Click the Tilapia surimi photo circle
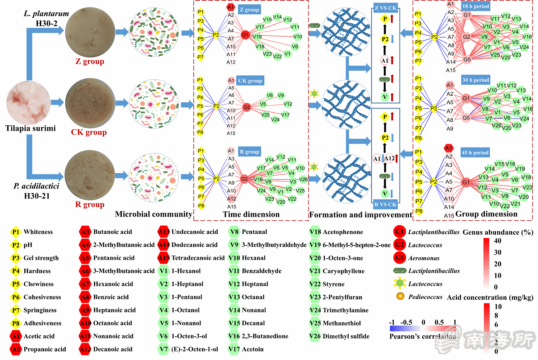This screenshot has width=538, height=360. (29, 103)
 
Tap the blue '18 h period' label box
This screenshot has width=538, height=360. (476, 6)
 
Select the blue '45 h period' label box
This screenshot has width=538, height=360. (475, 153)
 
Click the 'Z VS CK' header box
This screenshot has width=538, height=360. (386, 8)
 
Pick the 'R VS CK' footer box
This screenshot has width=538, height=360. (386, 204)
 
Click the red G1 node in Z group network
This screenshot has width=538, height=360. (245, 35)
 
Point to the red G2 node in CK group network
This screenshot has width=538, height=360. (247, 107)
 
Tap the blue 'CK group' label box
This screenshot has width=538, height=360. (250, 80)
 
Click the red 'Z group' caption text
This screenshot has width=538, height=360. (90, 61)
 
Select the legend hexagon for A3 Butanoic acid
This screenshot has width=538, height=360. (85, 232)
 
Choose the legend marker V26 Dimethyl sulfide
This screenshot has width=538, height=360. (315, 336)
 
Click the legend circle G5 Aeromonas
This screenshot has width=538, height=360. (400, 258)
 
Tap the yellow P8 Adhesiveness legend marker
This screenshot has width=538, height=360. (15, 323)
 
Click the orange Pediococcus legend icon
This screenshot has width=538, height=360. (400, 296)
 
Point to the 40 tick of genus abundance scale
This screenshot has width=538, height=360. (497, 241)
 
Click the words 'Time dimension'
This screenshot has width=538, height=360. (251, 214)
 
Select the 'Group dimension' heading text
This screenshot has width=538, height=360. (486, 214)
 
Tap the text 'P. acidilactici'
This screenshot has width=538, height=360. (36, 186)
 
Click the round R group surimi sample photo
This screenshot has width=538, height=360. (90, 176)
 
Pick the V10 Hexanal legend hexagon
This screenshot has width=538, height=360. (234, 258)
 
